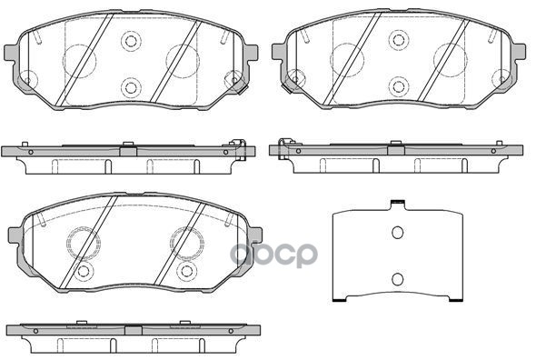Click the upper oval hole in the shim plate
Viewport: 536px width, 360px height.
point(396,233)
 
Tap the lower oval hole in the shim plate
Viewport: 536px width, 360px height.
point(396,278)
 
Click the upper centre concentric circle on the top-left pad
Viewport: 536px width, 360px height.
point(132,42)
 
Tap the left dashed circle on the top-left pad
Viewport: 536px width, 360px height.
point(78,60)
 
